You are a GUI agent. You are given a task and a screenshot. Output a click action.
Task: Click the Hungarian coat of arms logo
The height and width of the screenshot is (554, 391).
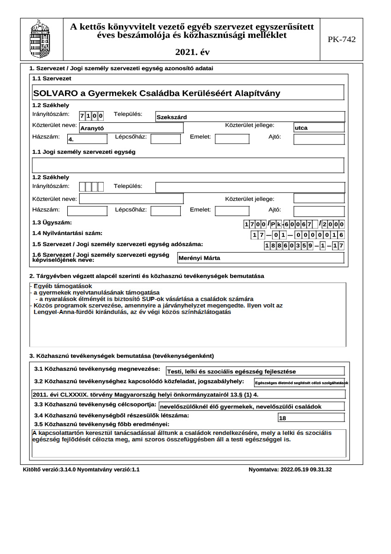pos(40,39)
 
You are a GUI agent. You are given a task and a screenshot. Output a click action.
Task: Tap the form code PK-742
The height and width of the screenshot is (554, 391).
pos(342,40)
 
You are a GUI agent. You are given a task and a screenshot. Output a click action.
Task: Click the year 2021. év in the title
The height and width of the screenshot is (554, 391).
pos(192,53)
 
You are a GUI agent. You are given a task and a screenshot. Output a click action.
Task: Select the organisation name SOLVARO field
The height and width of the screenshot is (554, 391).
pos(188,93)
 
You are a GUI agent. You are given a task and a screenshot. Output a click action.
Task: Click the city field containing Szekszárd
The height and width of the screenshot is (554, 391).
pos(250,117)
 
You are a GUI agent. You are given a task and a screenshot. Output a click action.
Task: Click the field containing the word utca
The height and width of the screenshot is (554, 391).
pos(319,127)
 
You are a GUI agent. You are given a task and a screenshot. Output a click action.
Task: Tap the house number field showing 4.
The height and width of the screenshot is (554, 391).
pos(87,138)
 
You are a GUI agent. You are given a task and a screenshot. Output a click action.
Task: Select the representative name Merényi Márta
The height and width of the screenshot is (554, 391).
pos(261,258)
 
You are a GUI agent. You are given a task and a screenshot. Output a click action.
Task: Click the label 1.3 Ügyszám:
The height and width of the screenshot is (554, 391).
pos(52,223)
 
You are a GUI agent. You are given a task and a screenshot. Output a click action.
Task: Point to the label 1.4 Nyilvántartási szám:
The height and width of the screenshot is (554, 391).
pos(67,234)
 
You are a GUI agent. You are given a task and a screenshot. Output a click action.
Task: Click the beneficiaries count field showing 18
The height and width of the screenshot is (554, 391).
pos(311,418)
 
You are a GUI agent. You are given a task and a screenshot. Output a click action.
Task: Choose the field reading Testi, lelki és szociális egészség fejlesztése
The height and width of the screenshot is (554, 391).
pos(255,371)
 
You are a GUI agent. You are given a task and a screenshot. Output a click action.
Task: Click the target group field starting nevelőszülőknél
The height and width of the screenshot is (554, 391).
pos(251,407)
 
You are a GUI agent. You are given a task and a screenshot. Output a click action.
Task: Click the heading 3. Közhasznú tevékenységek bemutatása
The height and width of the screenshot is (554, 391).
pos(122,356)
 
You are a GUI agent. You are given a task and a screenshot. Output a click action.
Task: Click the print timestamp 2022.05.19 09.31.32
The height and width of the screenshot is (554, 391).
pos(290,470)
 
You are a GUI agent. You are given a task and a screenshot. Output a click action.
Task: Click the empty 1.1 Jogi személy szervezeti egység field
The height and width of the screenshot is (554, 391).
pos(188,165)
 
